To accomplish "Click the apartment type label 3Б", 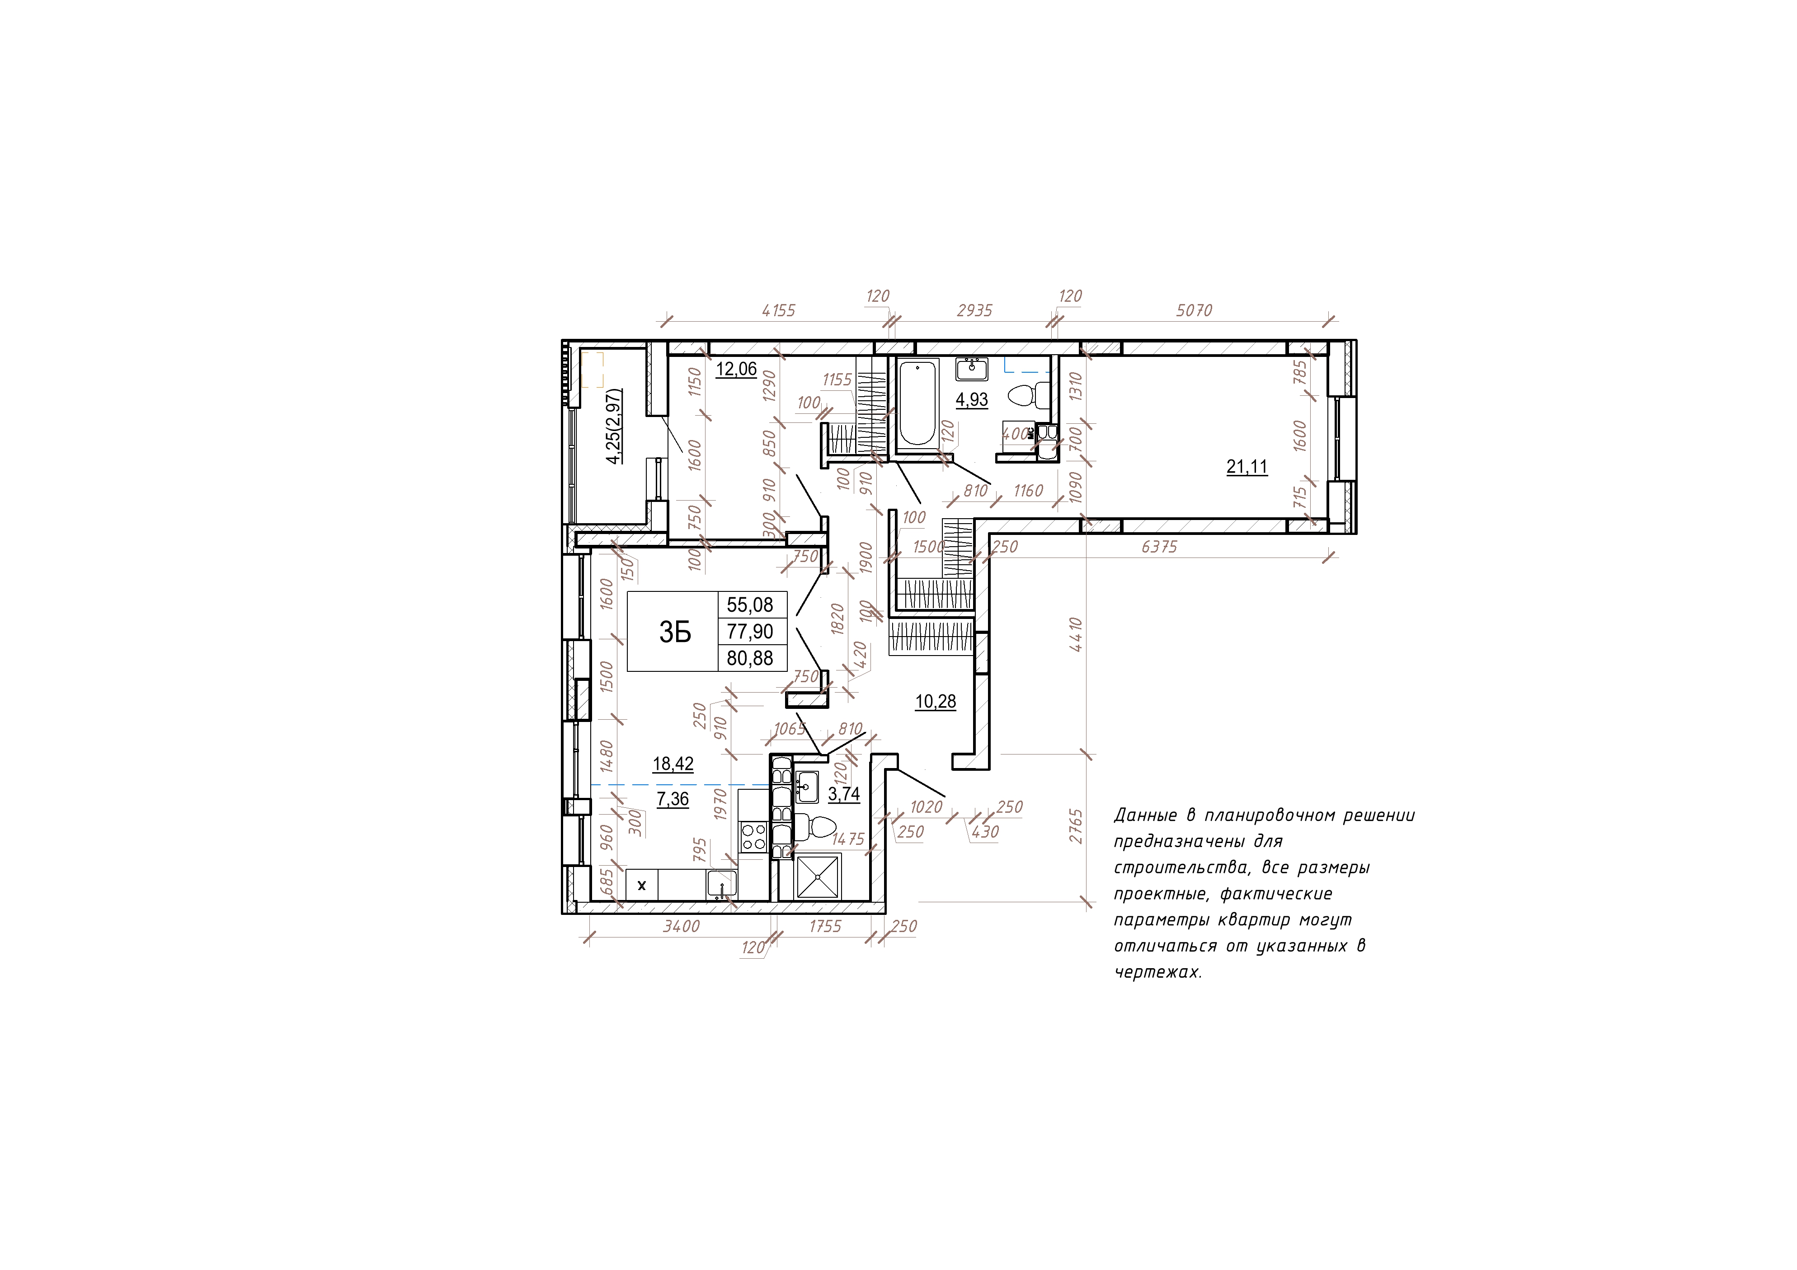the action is coord(675,632).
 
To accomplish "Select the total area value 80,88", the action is coord(750,658).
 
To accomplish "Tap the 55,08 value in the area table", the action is coord(750,605).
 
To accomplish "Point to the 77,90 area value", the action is coord(750,632).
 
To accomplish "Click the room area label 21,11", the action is coord(1247,467).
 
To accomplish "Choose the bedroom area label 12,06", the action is coord(737,369).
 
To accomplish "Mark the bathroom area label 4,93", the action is coord(972,399).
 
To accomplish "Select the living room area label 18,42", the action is coord(673,764).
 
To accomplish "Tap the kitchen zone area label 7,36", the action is coord(673,799).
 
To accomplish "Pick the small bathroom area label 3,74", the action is coord(844,794).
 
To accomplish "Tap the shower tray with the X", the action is coord(817,876).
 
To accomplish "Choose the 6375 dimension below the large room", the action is coord(1159,547).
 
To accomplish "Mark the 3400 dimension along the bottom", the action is coord(681,927).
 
